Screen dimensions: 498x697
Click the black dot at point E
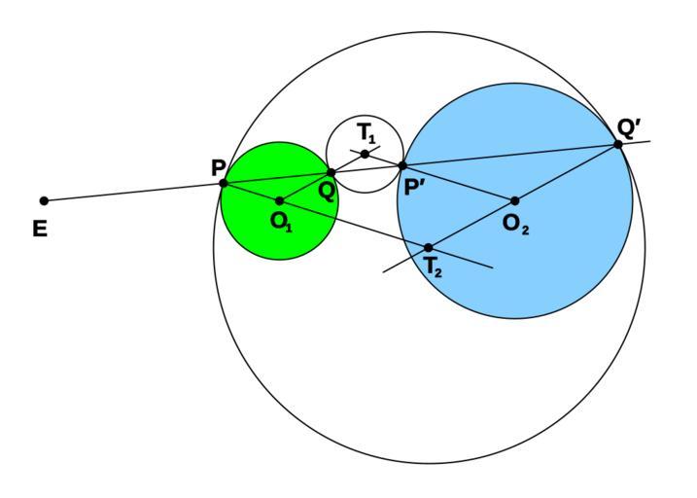click(x=44, y=201)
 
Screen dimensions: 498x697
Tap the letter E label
click(x=40, y=231)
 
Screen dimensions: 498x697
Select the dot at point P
click(x=224, y=183)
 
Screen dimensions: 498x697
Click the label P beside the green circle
click(x=218, y=167)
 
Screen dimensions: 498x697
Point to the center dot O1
click(x=280, y=201)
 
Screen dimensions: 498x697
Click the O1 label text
click(x=281, y=221)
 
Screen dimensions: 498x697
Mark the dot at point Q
click(x=331, y=173)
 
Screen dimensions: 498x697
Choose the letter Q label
click(x=327, y=191)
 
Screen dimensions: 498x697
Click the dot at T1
click(x=365, y=154)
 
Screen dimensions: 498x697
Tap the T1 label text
click(x=366, y=132)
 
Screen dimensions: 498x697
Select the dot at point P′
click(x=402, y=165)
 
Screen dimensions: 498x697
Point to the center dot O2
click(x=515, y=201)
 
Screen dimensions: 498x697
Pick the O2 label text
click(x=517, y=223)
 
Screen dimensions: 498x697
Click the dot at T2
click(x=429, y=247)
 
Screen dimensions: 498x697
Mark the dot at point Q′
click(x=617, y=145)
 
